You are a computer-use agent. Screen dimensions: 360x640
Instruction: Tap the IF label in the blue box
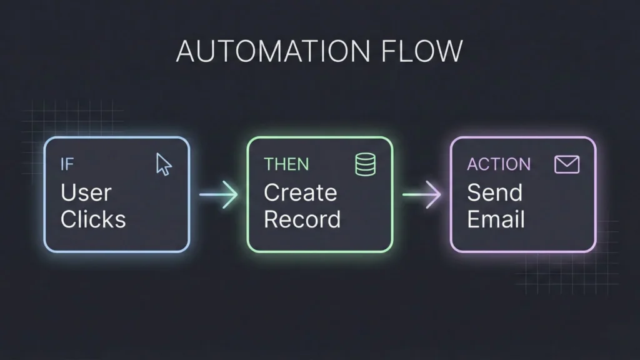point(67,164)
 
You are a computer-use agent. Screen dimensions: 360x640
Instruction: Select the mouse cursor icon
point(163,165)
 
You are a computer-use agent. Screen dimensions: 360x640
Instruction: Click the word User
point(86,193)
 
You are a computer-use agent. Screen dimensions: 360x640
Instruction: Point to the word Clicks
point(93,219)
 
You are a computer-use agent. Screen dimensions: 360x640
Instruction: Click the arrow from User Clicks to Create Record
point(218,194)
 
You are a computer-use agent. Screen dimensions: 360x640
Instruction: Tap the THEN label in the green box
point(286,164)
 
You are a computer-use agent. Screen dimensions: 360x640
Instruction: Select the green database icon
point(366,164)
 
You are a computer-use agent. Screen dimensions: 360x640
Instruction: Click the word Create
point(300,193)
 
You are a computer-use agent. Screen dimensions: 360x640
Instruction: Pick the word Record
point(302,219)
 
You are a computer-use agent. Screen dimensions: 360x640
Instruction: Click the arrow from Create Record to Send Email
point(421,194)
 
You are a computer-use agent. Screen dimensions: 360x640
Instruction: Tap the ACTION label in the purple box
point(499,164)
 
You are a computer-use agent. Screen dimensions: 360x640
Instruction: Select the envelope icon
point(567,164)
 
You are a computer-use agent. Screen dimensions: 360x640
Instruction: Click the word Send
point(494,193)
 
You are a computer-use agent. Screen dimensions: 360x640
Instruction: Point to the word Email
point(496,219)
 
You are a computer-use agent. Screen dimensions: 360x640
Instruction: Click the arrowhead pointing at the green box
point(232,194)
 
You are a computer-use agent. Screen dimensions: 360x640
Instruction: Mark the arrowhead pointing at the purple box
point(435,194)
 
